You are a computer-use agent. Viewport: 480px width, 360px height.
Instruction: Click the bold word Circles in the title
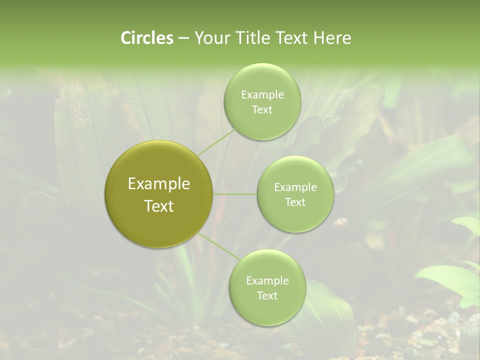(x=147, y=38)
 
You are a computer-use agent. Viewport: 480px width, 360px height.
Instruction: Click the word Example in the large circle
(x=159, y=184)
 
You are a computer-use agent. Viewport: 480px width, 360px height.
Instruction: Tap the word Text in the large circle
(x=159, y=206)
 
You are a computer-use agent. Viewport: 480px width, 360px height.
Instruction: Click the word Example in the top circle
(x=262, y=95)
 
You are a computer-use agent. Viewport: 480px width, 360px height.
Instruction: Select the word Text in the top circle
(x=262, y=110)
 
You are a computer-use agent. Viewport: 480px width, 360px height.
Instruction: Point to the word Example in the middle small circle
(x=295, y=187)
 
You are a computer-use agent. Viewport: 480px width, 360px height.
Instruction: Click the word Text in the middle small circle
(x=295, y=202)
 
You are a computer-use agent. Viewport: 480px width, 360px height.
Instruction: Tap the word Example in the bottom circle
(x=267, y=281)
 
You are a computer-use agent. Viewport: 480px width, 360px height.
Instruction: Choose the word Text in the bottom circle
(x=267, y=296)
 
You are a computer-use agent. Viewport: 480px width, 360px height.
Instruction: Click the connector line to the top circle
(x=216, y=142)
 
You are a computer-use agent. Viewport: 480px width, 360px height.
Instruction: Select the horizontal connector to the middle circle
(x=235, y=194)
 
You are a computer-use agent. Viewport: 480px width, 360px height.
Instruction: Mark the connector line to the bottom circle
(x=218, y=246)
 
